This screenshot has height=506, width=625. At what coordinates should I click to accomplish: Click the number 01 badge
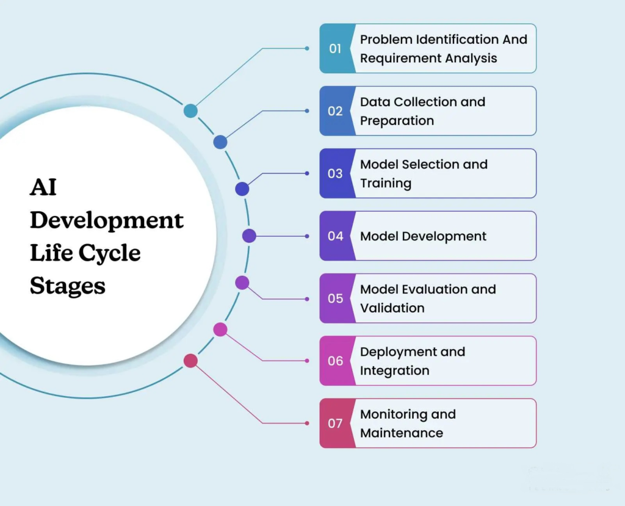pos(335,49)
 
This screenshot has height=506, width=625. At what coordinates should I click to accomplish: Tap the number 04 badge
pos(335,236)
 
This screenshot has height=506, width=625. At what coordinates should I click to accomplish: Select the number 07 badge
pos(335,423)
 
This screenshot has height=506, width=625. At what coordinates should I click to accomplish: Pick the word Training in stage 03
pos(386,183)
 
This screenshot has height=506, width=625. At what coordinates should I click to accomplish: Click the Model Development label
pos(423,236)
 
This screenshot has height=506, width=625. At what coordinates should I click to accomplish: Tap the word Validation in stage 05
pos(392,308)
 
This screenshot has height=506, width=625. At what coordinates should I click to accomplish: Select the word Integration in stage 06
pos(394,370)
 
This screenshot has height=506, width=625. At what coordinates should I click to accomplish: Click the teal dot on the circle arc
pos(190,110)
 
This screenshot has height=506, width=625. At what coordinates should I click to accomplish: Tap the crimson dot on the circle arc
pos(190,361)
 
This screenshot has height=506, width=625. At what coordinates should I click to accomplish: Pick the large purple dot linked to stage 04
pos(249,236)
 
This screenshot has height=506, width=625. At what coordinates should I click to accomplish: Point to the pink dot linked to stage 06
pos(220,330)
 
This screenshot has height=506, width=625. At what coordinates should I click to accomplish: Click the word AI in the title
pos(43,187)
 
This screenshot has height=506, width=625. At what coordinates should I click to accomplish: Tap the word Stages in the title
pos(67,286)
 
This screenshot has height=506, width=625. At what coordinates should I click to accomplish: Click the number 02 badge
pos(335,111)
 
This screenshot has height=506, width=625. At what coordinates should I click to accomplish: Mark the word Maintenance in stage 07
pos(402,433)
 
